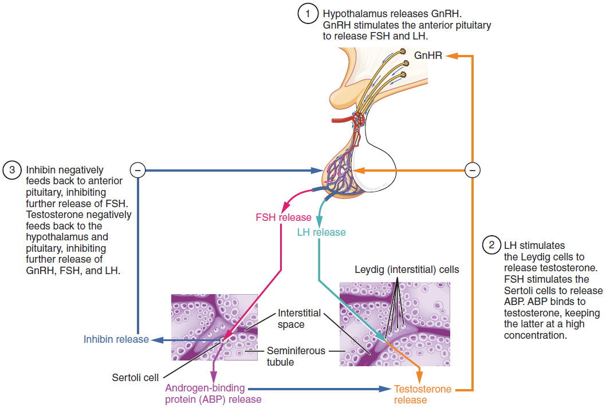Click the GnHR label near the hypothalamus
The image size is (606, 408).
[427, 56]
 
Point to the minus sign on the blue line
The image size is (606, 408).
[137, 169]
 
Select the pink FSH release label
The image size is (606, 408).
[284, 217]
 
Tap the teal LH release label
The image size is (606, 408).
[321, 232]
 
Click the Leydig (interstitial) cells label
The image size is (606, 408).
[407, 269]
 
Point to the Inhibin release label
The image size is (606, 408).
[116, 339]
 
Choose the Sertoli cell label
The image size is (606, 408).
[135, 378]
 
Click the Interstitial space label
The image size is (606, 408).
[299, 319]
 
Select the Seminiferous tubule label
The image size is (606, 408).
[296, 356]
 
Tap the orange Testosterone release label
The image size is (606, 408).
[423, 395]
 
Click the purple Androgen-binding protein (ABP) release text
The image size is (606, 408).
[214, 394]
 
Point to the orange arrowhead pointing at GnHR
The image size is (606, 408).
[451, 56]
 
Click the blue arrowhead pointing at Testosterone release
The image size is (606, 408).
[385, 389]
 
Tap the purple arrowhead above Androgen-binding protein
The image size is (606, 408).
[214, 376]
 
